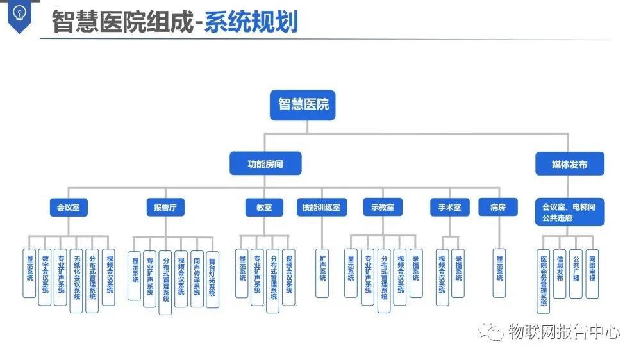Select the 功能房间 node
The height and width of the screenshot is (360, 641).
click(265, 164)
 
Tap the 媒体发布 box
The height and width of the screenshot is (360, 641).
click(569, 164)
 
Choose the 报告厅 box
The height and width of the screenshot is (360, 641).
click(165, 207)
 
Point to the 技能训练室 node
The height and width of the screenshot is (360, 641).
click(321, 207)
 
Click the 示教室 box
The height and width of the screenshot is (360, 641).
click(383, 207)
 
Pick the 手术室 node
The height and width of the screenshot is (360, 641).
click(449, 207)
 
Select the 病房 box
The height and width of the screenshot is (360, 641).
click(498, 207)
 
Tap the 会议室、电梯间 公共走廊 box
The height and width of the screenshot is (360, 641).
click(569, 212)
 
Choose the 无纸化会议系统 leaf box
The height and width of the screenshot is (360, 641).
click(76, 280)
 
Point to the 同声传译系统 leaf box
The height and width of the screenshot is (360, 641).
click(197, 279)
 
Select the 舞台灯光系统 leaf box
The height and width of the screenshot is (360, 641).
click(212, 279)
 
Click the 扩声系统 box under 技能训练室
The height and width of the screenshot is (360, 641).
click(322, 273)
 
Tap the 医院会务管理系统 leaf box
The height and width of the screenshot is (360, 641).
click(544, 281)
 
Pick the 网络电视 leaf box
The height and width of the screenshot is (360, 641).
click(592, 273)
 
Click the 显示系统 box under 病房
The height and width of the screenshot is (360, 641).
click(499, 273)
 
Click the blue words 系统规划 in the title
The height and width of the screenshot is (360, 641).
click(251, 22)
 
